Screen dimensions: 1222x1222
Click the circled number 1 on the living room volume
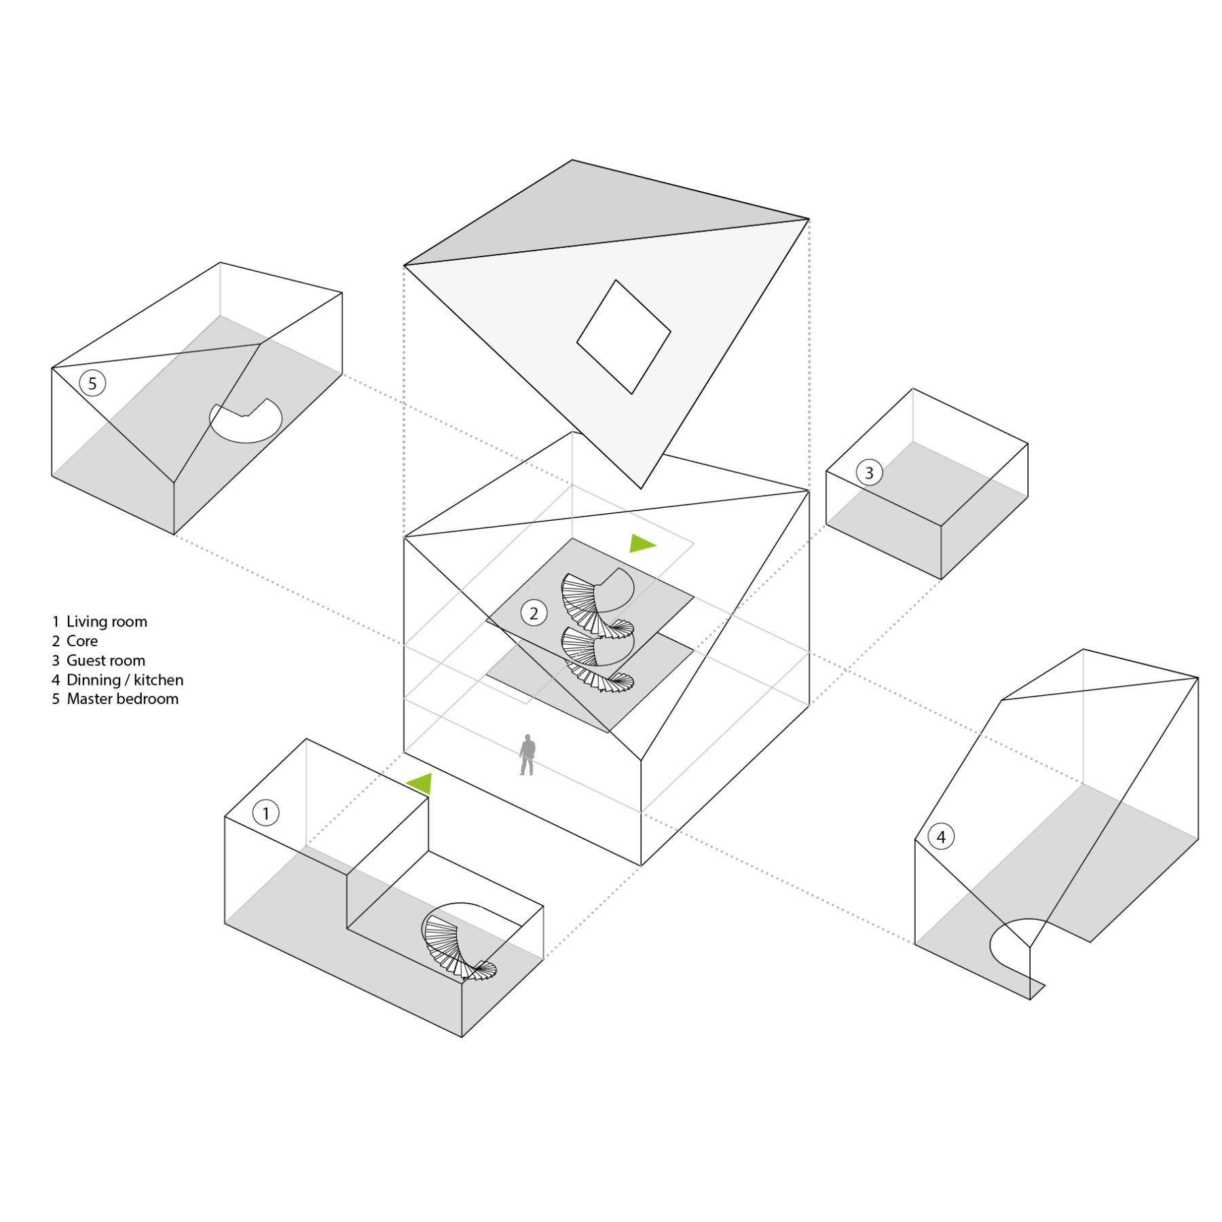click(265, 813)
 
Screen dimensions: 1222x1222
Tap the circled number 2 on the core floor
click(534, 613)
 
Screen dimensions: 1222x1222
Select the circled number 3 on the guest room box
click(869, 473)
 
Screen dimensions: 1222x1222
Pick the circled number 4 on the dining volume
click(941, 836)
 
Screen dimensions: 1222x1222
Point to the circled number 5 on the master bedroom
click(92, 383)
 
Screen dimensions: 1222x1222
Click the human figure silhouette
click(527, 755)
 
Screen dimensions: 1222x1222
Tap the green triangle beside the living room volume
click(421, 783)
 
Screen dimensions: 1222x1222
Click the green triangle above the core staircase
click(641, 543)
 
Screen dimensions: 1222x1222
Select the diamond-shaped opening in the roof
click(623, 337)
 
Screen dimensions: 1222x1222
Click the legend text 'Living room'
click(107, 621)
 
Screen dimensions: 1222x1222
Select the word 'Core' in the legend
click(82, 641)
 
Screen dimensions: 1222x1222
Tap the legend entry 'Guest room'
click(105, 661)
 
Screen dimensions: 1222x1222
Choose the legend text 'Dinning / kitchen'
click(125, 680)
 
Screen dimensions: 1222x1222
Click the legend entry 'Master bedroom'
click(122, 699)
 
